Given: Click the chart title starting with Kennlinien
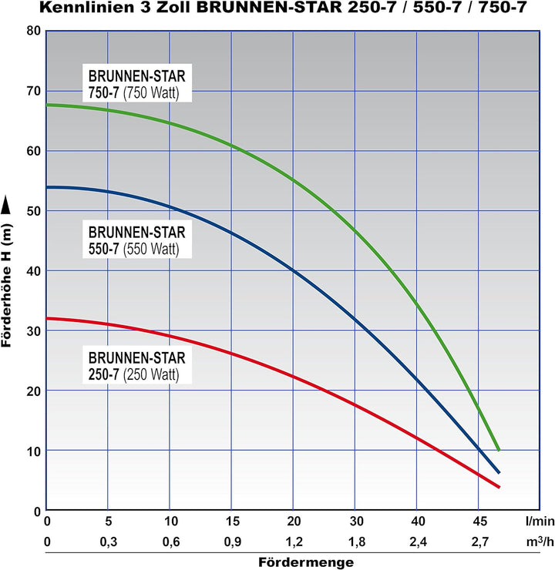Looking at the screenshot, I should [277, 11].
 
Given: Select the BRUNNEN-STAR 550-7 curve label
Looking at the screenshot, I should [137, 240].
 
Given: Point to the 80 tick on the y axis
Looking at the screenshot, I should [33, 31].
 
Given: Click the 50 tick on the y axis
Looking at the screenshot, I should [33, 210].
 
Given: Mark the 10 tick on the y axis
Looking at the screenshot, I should [33, 450].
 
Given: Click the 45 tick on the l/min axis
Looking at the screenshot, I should [478, 521].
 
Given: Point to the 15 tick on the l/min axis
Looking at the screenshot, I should [231, 521].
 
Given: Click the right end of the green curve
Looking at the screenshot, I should [499, 449].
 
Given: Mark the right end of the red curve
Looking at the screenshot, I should [499, 487].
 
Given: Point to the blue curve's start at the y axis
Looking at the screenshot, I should [48, 187].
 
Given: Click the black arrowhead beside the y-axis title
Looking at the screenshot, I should [8, 203].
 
